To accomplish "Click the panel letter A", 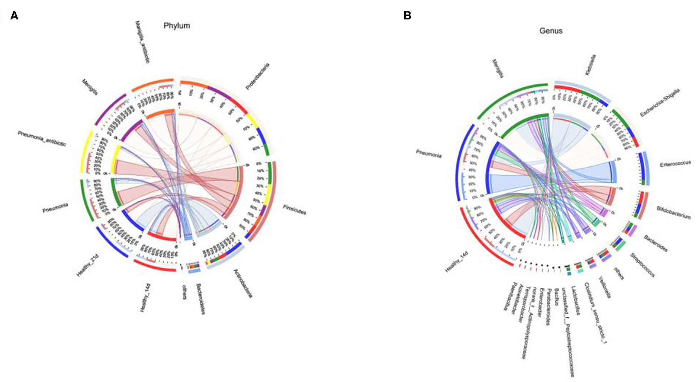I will pyautogui.click(x=14, y=16).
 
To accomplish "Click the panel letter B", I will pyautogui.click(x=407, y=16).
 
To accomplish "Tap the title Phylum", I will pyautogui.click(x=177, y=26).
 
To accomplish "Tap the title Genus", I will pyautogui.click(x=551, y=31).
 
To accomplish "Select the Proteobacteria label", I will pyautogui.click(x=258, y=76).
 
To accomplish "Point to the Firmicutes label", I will pyautogui.click(x=295, y=210).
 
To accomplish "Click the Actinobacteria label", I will pyautogui.click(x=243, y=283).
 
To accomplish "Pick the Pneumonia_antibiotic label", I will pyautogui.click(x=42, y=138).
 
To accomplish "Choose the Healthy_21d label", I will pyautogui.click(x=87, y=266).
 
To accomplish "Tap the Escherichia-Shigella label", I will pyautogui.click(x=660, y=103).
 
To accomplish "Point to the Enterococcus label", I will pyautogui.click(x=675, y=164).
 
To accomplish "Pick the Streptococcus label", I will pyautogui.click(x=643, y=265).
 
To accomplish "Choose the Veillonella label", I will pyautogui.click(x=604, y=287).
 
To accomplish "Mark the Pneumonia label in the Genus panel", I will pyautogui.click(x=429, y=155).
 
